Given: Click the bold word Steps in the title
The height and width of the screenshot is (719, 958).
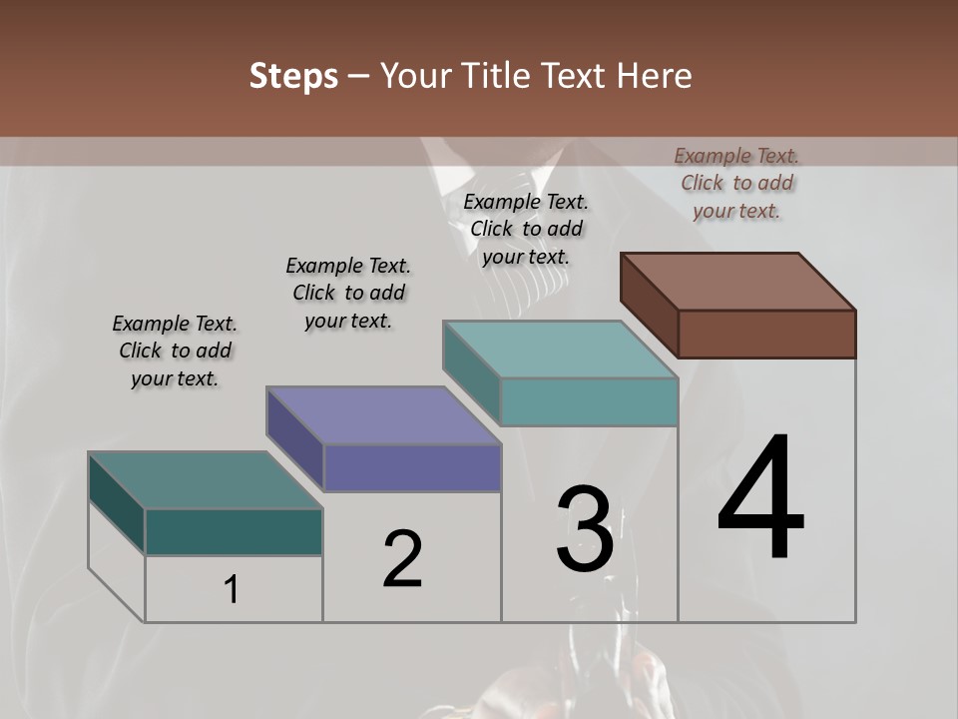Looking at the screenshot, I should (293, 76).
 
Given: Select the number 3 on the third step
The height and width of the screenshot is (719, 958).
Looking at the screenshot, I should (585, 529).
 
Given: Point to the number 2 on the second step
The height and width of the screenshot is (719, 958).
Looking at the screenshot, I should (402, 559).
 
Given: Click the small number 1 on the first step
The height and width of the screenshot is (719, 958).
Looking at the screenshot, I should (232, 590).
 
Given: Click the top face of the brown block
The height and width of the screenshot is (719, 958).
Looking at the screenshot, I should (738, 282).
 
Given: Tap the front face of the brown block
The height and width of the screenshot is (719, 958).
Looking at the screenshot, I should (766, 334).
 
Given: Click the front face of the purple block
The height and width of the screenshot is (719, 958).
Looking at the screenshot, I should (412, 467).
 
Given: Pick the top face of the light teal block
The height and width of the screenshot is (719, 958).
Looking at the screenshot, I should (560, 350).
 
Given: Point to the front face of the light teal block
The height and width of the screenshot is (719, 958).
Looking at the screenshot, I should (589, 401).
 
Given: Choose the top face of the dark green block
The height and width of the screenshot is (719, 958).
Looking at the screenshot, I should (206, 480).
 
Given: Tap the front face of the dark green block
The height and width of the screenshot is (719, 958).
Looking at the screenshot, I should (234, 531).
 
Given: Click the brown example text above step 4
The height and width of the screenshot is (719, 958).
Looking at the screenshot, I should (736, 183).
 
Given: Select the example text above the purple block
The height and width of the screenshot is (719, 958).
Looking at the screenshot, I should (348, 293).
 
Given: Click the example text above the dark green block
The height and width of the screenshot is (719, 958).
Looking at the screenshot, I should (175, 351).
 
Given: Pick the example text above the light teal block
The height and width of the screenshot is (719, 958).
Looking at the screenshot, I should (526, 229).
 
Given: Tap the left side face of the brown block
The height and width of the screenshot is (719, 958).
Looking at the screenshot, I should (650, 304).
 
